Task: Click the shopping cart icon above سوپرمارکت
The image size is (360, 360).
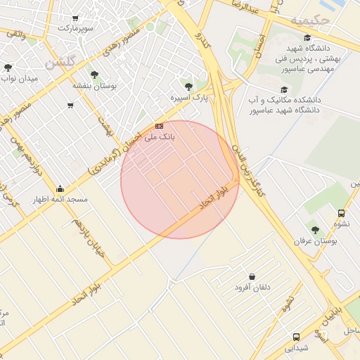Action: coord(75,18)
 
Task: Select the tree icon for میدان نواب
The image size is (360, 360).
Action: coord(8,68)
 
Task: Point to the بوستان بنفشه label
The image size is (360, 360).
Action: coord(94,85)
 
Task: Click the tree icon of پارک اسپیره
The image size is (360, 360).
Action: coord(187,86)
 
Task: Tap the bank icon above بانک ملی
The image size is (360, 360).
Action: coord(159,125)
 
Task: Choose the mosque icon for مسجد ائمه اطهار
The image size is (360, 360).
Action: coord(60,188)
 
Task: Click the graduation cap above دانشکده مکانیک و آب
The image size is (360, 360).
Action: coord(284,90)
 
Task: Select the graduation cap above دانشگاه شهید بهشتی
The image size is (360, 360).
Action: coord(307,39)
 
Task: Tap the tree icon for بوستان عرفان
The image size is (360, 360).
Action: coord(315,229)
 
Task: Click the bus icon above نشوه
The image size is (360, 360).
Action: coord(341,213)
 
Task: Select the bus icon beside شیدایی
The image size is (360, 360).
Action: coord(296,337)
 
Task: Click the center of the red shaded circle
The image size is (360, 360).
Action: coord(180,179)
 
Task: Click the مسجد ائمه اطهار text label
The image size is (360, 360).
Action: coord(60,200)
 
